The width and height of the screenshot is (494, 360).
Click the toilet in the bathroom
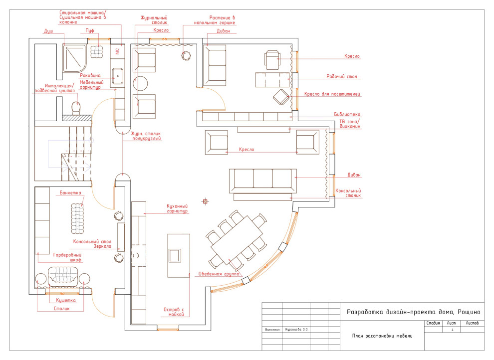pyautogui.click(x=76, y=107)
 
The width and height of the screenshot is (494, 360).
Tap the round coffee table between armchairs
pyautogui.click(x=141, y=83)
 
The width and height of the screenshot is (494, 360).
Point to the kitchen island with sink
pyautogui.click(x=179, y=255)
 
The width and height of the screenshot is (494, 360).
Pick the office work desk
pyautogui.click(x=272, y=80)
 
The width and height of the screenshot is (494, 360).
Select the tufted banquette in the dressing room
pyautogui.click(x=77, y=216)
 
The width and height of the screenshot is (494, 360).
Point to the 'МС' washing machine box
pyautogui.click(x=117, y=51)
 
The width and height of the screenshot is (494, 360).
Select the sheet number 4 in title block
pyautogui.click(x=452, y=330)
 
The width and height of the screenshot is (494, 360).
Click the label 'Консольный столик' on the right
pyautogui.click(x=348, y=193)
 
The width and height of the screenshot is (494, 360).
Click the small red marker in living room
pyautogui.click(x=205, y=201)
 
